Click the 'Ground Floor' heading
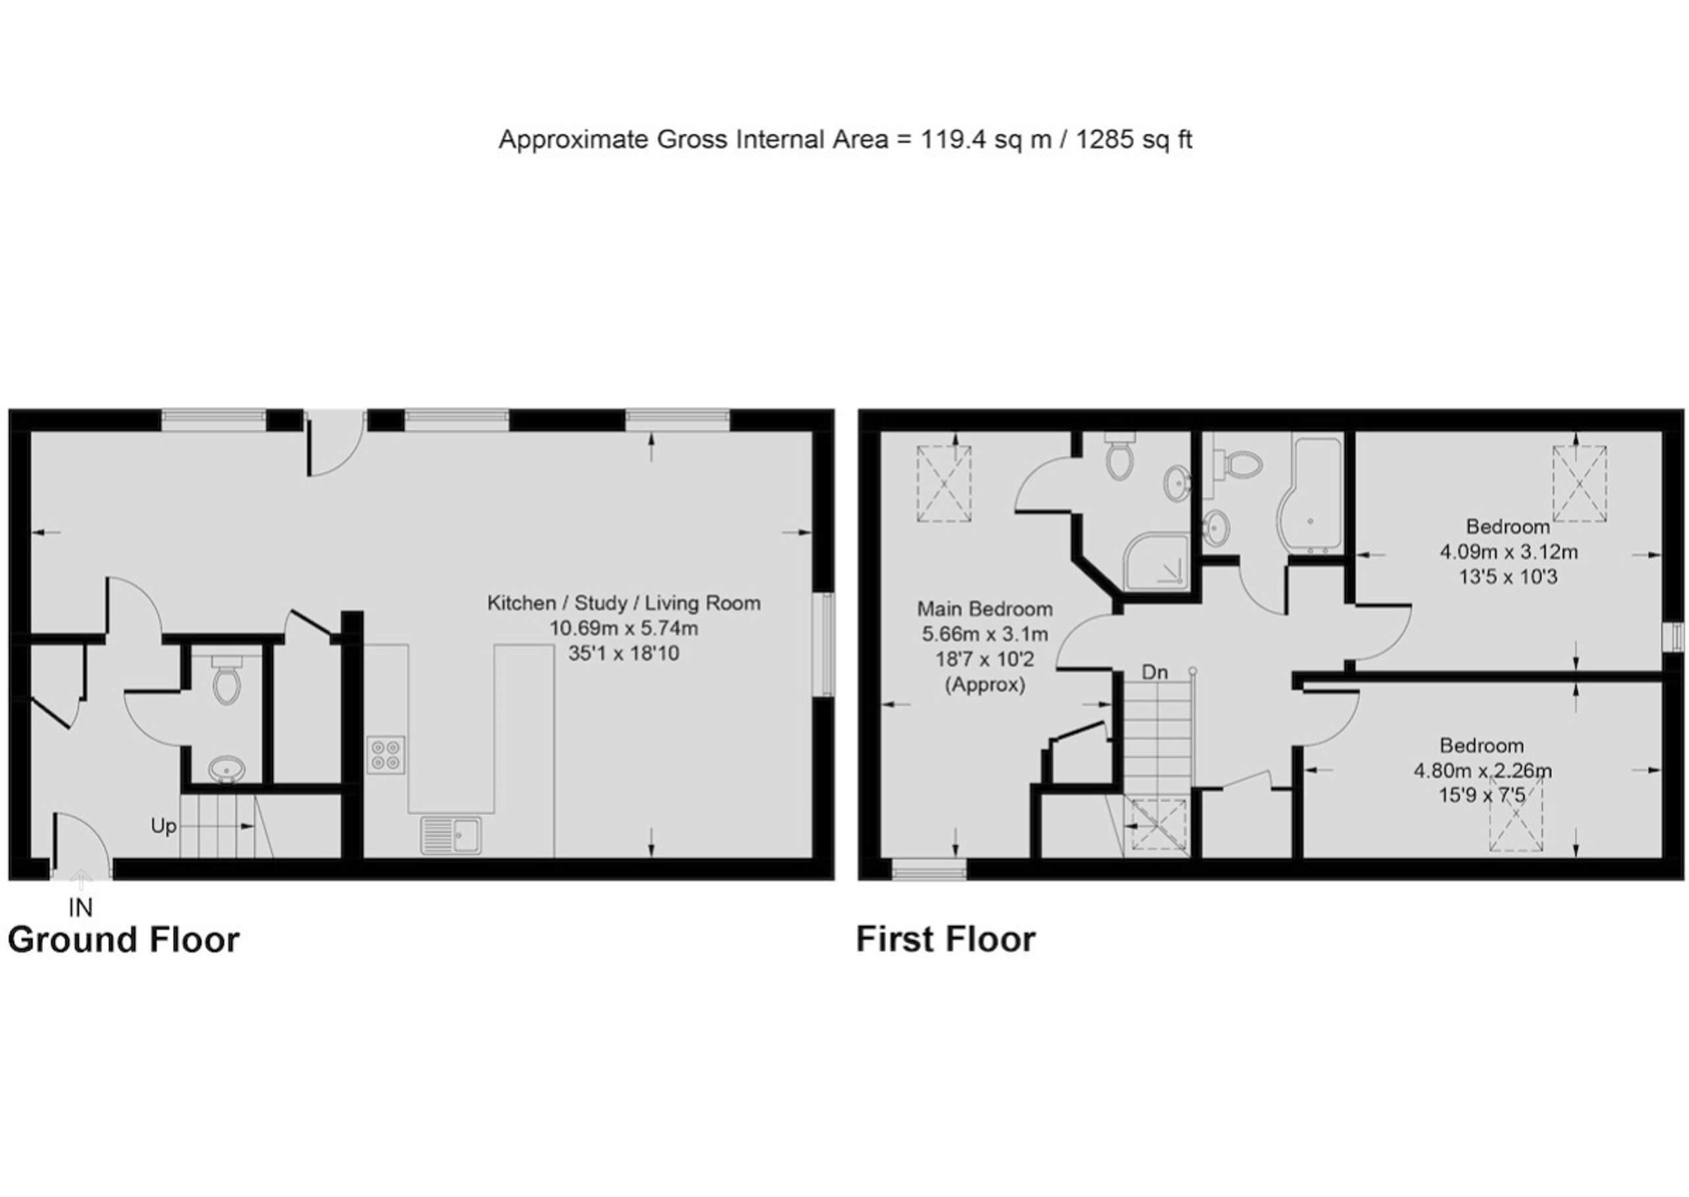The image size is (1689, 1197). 124,940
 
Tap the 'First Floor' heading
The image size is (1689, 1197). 946,940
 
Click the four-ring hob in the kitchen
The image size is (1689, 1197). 387,755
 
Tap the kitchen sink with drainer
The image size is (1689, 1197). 451,835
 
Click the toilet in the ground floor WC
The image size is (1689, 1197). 226,678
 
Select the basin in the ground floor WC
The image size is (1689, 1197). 226,770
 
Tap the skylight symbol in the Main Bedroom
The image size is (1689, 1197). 944,483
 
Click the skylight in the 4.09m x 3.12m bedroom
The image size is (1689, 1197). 1579,483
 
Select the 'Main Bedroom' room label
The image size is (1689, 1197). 985,609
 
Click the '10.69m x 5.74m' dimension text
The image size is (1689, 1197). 624,629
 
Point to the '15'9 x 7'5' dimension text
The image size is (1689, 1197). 1482,796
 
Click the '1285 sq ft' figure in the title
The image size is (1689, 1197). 1133,139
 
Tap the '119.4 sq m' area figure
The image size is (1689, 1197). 986,139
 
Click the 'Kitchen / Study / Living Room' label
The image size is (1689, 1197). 624,603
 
